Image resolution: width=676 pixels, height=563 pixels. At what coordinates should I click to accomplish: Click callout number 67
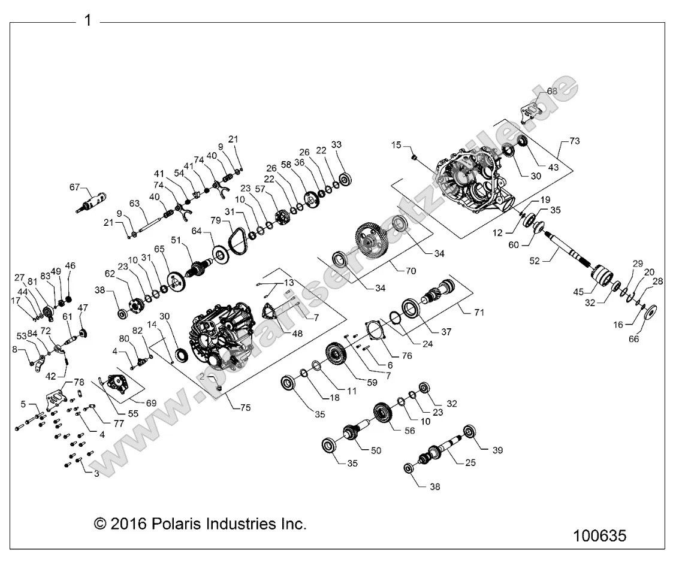[74, 187]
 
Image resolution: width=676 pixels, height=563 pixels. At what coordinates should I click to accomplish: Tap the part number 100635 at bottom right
[599, 536]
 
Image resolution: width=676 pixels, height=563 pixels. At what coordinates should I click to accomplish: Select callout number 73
[575, 141]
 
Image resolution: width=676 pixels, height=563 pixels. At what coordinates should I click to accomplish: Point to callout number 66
[633, 339]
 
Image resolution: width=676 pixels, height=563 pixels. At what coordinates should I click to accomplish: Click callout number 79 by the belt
[216, 220]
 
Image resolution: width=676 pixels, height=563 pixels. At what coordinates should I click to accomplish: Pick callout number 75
[245, 407]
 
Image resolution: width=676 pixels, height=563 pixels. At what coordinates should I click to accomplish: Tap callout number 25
[470, 462]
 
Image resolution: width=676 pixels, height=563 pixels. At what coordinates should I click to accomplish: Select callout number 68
[553, 91]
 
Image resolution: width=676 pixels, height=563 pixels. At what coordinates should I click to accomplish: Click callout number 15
[396, 145]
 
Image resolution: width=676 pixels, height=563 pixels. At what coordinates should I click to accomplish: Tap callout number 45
[578, 292]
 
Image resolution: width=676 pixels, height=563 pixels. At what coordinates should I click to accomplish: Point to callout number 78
[79, 382]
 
